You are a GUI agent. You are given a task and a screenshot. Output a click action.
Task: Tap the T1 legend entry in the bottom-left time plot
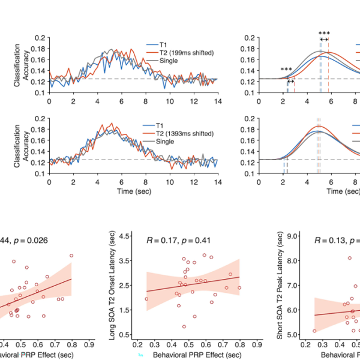pos(166,125)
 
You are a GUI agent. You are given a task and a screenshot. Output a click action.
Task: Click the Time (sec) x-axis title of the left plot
pos(133,190)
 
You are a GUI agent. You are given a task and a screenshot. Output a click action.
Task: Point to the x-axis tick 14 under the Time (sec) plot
pos(217,182)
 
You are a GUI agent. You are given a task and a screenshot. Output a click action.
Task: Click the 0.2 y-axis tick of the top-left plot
pos(40,38)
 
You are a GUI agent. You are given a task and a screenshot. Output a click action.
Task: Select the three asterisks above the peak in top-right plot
pos(324,34)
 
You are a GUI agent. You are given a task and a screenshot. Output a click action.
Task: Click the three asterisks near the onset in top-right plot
pos(286,70)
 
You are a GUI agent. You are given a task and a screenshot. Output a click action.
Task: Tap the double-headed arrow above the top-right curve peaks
pos(324,40)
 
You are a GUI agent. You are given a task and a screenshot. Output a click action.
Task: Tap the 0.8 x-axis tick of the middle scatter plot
pos(240,345)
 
